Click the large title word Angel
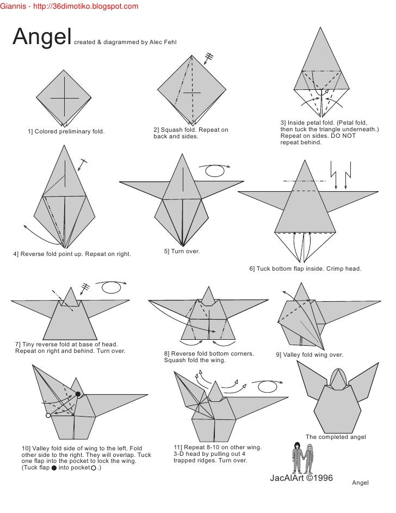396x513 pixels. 42,36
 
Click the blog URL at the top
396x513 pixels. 85,6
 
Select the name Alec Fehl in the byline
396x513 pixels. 163,42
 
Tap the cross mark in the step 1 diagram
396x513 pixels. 64,97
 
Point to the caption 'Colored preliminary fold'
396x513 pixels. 70,132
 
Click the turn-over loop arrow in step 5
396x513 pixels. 215,170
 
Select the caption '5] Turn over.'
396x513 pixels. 182,251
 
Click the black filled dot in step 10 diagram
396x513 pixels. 78,394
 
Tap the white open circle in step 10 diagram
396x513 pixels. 48,415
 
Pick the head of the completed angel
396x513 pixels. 338,378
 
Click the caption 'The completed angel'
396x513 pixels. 336,437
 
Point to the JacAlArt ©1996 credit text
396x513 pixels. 301,478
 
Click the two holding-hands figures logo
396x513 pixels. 302,457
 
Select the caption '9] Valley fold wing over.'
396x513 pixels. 310,355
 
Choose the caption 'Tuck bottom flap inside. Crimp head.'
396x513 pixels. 309,268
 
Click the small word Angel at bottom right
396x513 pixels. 361,483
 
